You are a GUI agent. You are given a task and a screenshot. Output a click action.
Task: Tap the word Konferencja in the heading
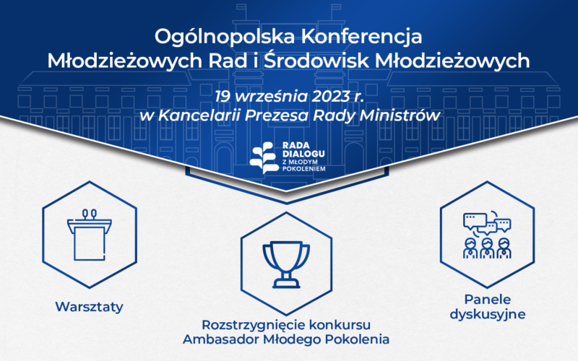pyautogui.click(x=355, y=36)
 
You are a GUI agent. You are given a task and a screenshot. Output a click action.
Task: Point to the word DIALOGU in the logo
pyautogui.click(x=304, y=154)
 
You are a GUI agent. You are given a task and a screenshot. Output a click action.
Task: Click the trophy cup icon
pyautogui.click(x=288, y=262)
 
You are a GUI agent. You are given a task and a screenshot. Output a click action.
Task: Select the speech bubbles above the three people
pyautogui.click(x=487, y=222)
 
